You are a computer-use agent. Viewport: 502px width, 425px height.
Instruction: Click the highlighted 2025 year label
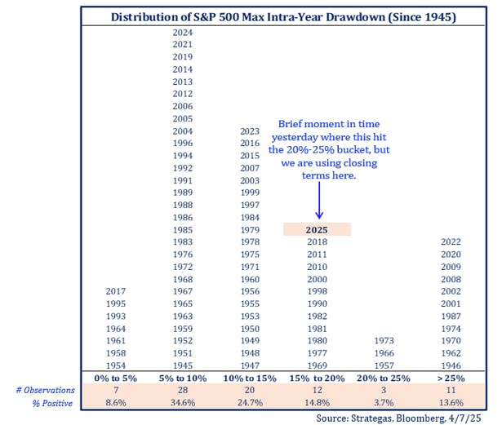pyautogui.click(x=317, y=230)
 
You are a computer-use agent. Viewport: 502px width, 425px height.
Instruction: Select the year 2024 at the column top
pyautogui.click(x=183, y=32)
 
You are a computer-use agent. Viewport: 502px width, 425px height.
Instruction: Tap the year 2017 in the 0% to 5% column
pyautogui.click(x=117, y=291)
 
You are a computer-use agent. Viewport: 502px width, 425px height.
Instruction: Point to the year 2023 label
pyautogui.click(x=251, y=131)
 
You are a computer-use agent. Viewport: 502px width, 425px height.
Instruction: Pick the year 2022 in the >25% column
pyautogui.click(x=451, y=242)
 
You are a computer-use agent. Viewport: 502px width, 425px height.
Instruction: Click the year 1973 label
pyautogui.click(x=384, y=340)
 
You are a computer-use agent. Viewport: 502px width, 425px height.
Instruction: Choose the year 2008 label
pyautogui.click(x=451, y=279)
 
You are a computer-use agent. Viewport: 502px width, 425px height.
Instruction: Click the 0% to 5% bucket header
pyautogui.click(x=117, y=379)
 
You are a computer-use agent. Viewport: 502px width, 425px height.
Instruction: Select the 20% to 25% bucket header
pyautogui.click(x=384, y=379)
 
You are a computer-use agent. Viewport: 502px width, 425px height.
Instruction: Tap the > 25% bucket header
pyautogui.click(x=451, y=379)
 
